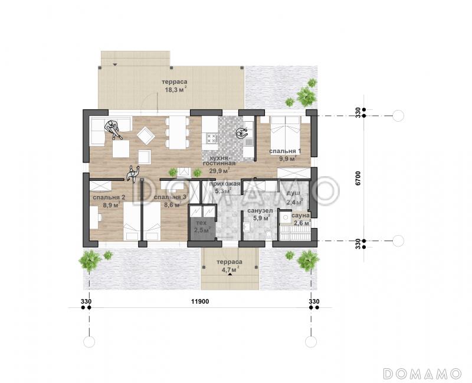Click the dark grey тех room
(x=201, y=229)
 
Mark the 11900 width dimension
(x=200, y=301)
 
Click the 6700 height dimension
(x=358, y=178)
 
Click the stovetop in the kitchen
(x=212, y=139)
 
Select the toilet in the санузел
(x=268, y=235)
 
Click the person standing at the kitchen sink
(x=241, y=133)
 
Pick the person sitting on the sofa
(x=113, y=129)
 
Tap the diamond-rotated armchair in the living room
(x=146, y=135)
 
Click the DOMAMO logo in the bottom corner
(x=422, y=374)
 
